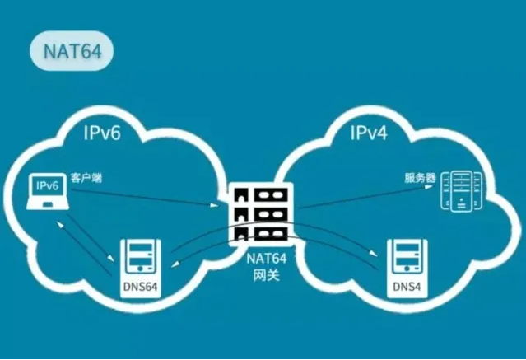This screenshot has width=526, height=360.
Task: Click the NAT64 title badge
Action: coord(69,49)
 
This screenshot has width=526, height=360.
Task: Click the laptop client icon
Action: coord(46,194)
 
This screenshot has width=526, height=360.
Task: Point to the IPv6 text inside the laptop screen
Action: coord(46,186)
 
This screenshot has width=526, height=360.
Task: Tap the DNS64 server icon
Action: coord(140,259)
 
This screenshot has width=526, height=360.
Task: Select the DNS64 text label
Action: coord(140,287)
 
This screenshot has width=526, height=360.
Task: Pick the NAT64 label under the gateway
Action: coord(263,259)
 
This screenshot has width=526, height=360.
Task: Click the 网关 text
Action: coord(263,275)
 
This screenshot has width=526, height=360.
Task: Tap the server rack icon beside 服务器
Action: coord(460,190)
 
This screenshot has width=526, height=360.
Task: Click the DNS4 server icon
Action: coord(407,259)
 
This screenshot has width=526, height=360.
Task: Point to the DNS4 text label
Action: coord(407,287)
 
